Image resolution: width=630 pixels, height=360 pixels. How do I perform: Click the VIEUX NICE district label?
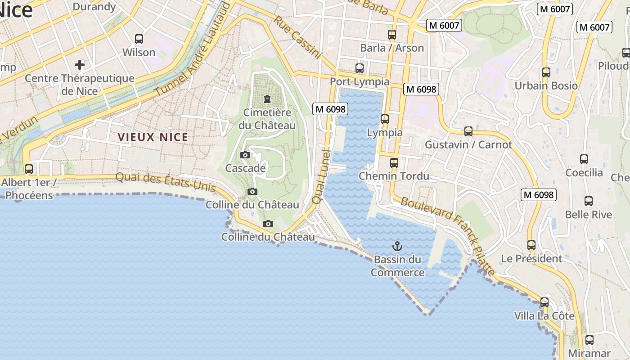click(153, 137)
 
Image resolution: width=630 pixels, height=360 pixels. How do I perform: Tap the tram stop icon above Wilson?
click(139, 39)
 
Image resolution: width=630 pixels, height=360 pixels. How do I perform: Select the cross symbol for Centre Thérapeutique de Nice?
click(80, 65)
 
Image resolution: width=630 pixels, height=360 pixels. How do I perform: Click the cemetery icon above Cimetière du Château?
click(267, 99)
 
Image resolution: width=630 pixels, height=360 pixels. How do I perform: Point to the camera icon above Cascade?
click(245, 155)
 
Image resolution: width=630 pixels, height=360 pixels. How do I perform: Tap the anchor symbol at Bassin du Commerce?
click(397, 246)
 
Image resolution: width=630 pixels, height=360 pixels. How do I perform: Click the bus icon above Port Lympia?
click(360, 68)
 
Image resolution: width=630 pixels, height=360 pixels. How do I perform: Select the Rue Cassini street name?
click(297, 38)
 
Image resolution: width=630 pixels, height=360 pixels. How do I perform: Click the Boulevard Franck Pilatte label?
click(448, 236)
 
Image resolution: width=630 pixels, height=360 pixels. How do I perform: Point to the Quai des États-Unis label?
click(166, 182)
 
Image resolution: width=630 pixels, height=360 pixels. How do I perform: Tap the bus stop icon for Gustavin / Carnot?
click(468, 131)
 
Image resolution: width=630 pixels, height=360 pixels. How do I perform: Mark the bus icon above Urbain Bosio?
click(546, 72)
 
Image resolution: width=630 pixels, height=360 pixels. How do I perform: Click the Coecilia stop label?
click(584, 173)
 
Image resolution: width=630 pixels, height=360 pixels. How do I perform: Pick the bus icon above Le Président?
click(531, 245)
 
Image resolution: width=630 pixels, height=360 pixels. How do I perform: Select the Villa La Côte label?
click(544, 316)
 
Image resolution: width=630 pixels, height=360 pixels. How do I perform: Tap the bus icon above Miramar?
click(589, 340)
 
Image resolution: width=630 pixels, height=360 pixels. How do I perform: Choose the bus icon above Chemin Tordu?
click(394, 162)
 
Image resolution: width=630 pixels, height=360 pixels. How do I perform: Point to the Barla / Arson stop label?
click(392, 48)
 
